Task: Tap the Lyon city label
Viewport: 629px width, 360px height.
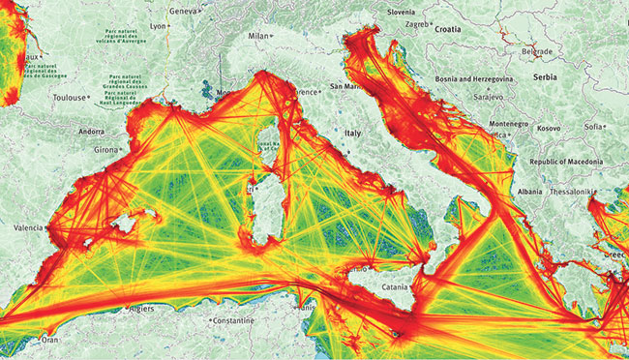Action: click(160, 27)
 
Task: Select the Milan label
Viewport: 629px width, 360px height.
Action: click(256, 35)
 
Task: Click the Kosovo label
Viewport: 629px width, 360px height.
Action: click(549, 128)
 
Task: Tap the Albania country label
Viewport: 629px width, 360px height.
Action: click(530, 192)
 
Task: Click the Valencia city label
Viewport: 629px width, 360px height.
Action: click(27, 226)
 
